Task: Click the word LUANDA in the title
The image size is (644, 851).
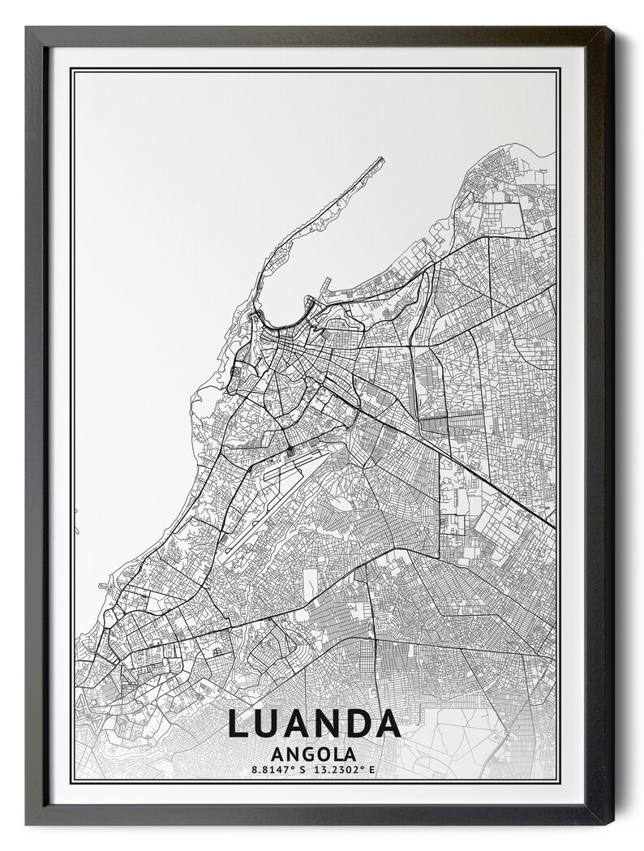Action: pos(314,724)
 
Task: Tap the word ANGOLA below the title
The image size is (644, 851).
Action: pos(314,753)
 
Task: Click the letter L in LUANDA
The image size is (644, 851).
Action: pos(238,724)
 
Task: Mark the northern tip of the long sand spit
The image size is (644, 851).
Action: pos(380,159)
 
